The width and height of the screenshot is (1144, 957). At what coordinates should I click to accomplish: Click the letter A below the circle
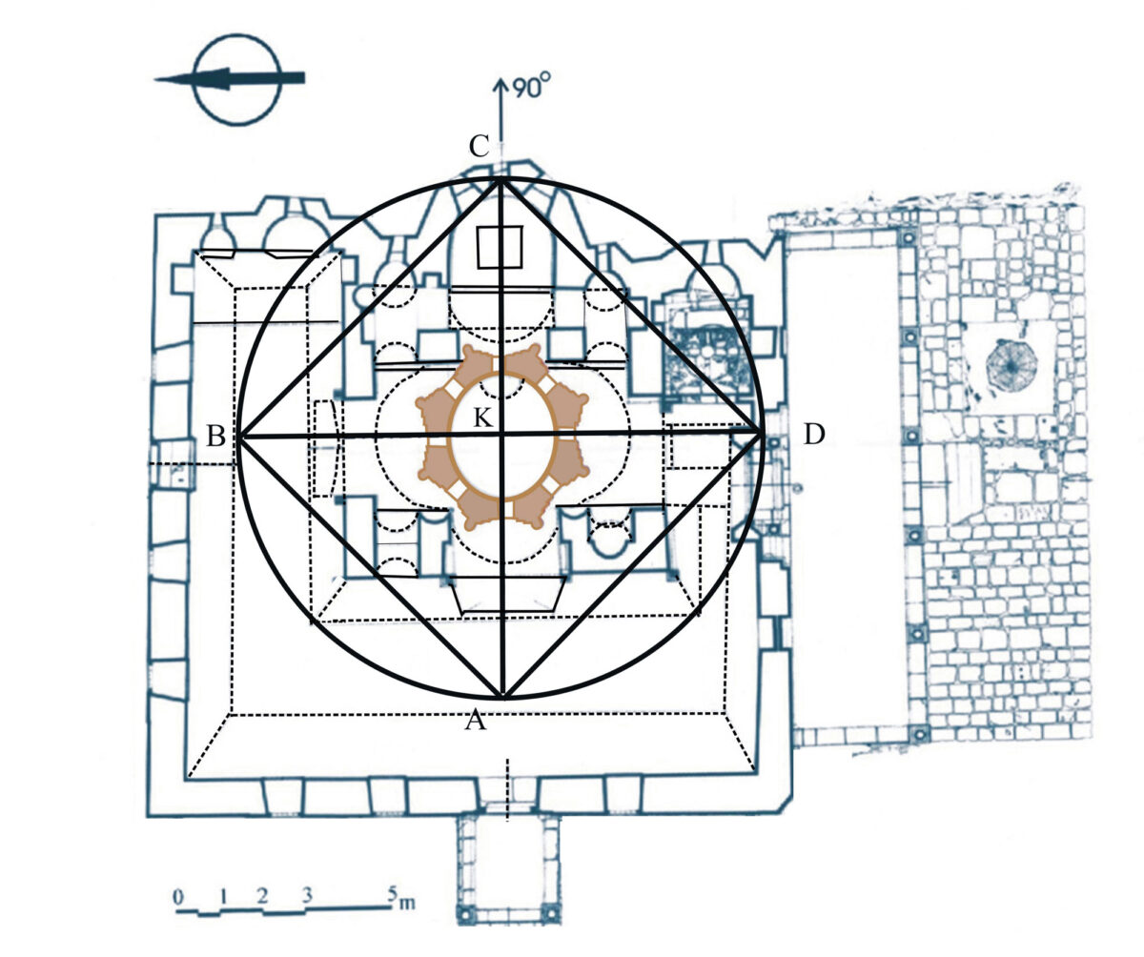tap(475, 720)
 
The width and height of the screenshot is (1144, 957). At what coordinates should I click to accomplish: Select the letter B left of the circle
tap(215, 437)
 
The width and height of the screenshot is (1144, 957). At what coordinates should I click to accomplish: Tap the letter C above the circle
tap(479, 146)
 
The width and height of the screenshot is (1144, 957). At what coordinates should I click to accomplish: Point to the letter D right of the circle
tap(813, 435)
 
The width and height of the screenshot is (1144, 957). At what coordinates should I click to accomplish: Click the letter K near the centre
tap(482, 418)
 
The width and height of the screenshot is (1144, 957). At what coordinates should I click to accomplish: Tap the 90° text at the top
tap(531, 87)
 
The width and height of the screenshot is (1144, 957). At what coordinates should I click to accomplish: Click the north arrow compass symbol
tap(236, 79)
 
